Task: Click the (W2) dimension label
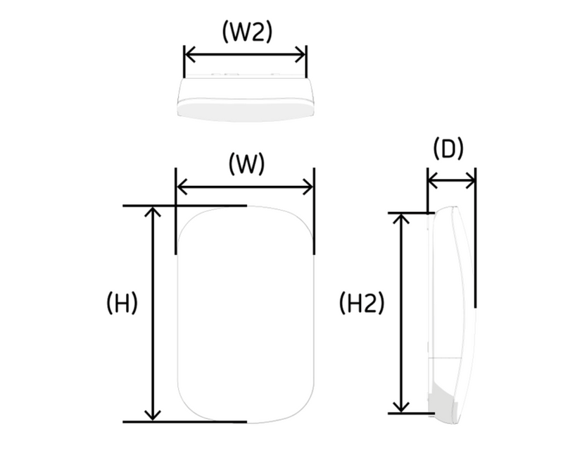(248, 32)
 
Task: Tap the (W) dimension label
(246, 164)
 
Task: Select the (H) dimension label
(122, 303)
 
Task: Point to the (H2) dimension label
(362, 303)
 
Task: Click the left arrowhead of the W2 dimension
(189, 55)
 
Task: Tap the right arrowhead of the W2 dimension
(301, 55)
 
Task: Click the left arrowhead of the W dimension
(182, 187)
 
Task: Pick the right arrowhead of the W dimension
(308, 187)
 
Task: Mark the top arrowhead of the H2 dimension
(400, 218)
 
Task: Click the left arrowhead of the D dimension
(433, 180)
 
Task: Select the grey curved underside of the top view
(246, 111)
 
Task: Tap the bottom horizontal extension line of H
(185, 422)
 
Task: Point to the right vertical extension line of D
(476, 237)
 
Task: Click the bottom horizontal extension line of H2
(412, 414)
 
